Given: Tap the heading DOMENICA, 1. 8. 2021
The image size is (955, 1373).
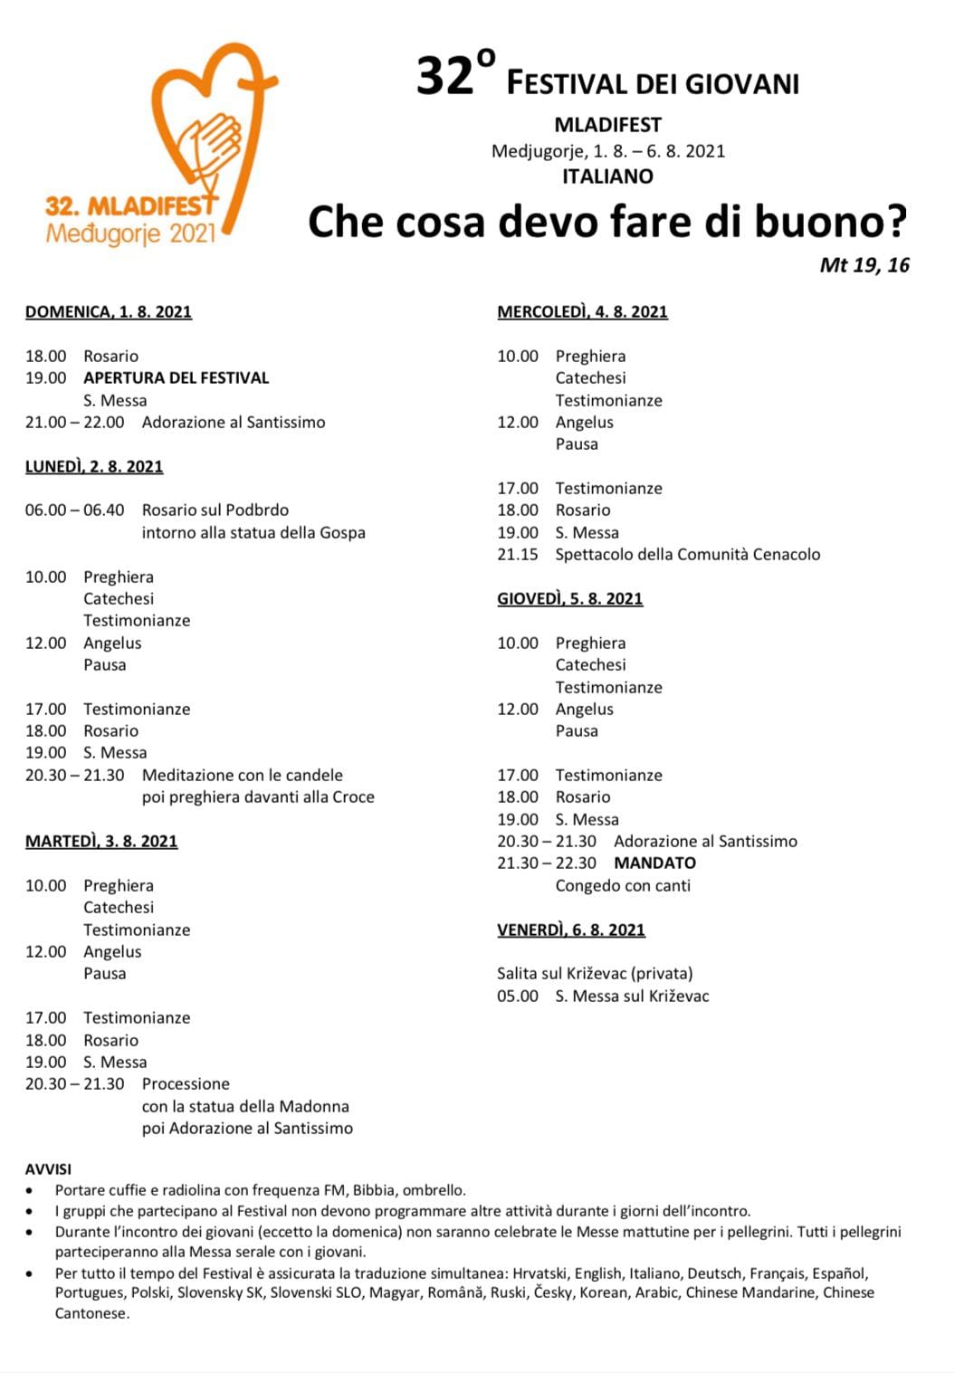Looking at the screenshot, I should pos(109,312).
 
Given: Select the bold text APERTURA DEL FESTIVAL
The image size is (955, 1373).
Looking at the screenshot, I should pos(177,378).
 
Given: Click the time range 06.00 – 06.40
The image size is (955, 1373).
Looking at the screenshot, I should pos(75,510).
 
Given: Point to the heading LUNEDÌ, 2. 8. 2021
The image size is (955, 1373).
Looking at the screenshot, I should pos(94,467).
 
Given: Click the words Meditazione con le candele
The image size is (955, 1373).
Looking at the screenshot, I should pos(243,776).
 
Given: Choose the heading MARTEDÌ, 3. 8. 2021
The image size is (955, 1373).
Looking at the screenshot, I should pos(101,842).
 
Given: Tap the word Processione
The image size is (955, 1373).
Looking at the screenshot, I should pos(186,1084).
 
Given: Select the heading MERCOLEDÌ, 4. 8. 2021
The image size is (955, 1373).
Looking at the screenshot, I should pos(582,312).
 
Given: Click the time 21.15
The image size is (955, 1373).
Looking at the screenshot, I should pos(518,555).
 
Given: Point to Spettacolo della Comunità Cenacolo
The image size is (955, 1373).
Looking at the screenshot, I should pos(688,555).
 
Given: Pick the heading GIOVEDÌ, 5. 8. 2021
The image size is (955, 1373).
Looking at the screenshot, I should pos(570,599).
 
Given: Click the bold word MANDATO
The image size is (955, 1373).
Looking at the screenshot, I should pos(654,863).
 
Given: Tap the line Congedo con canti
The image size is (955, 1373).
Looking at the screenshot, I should pos(623,886).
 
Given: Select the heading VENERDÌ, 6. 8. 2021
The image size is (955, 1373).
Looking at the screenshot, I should pos(571,930).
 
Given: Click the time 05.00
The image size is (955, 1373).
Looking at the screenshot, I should pos(518,996).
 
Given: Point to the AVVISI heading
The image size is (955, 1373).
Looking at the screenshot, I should pos(48,1169).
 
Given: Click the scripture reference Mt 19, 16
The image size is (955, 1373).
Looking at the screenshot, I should pos(864,265).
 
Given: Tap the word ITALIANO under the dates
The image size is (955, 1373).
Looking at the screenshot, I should pos(607,176).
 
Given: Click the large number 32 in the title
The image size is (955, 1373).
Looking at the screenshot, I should pos(445,77).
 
